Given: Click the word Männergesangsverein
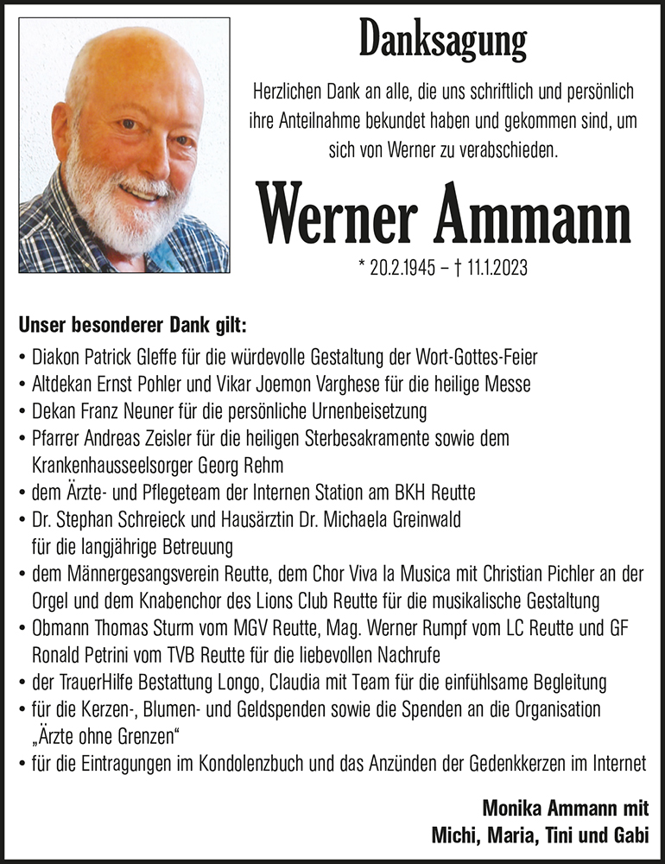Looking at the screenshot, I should click(138, 573).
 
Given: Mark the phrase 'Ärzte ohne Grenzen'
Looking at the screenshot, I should click(110, 736).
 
